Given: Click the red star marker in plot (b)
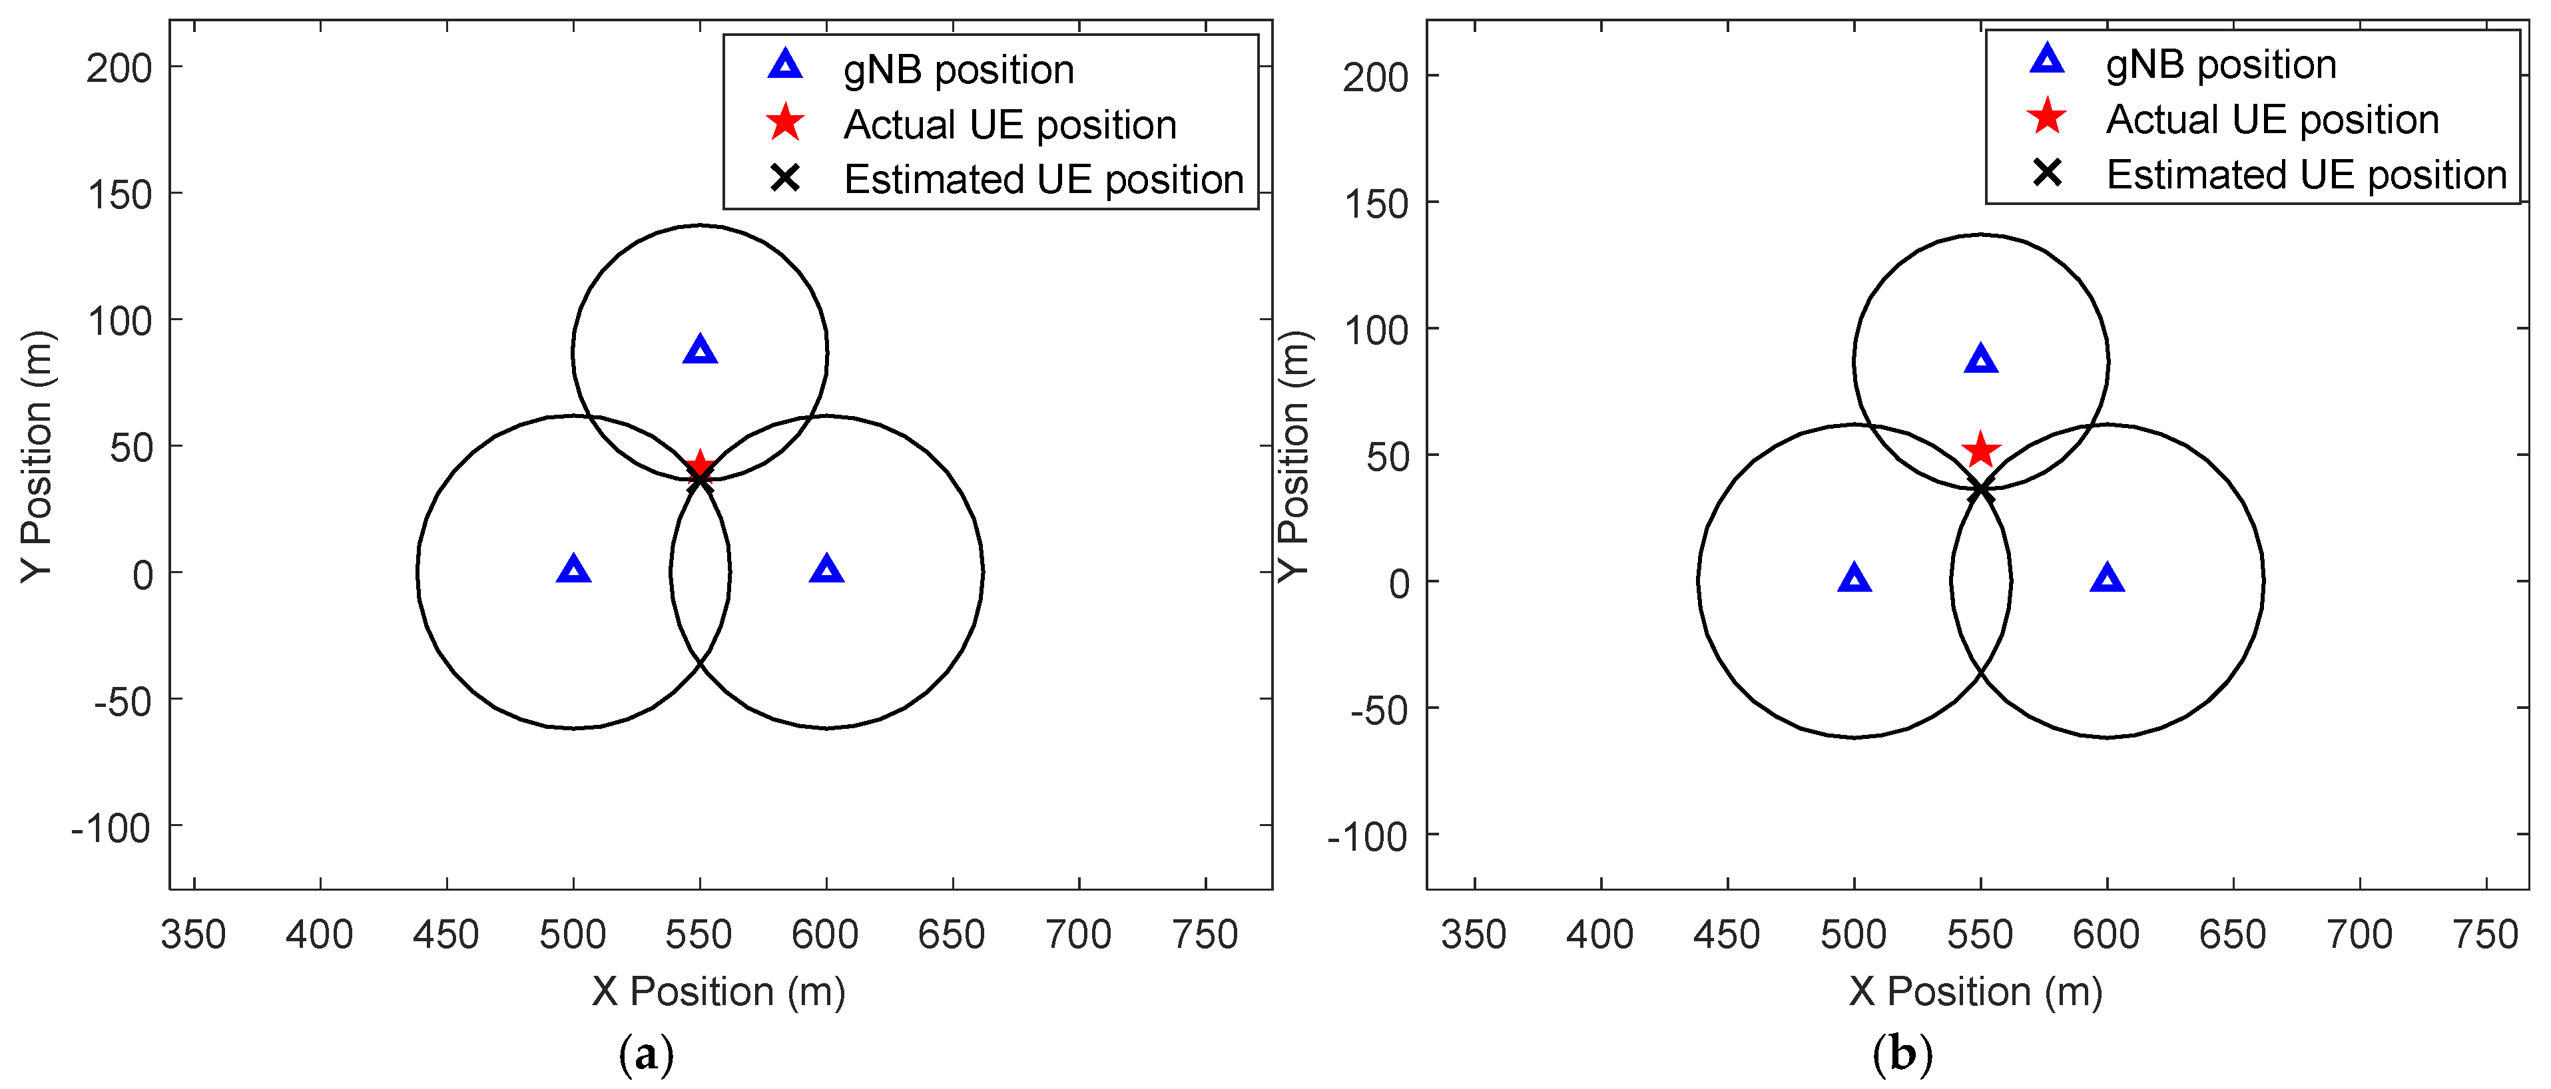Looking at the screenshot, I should (x=1980, y=451).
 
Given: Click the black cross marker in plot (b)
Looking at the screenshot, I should (x=1980, y=490).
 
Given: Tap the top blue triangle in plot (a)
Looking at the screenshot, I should (x=700, y=350).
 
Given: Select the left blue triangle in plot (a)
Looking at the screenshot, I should (x=573, y=570).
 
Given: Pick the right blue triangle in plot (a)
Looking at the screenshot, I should (x=826, y=570).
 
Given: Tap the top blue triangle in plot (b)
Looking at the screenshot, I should (x=1980, y=359).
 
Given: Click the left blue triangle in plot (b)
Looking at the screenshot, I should (x=1854, y=579).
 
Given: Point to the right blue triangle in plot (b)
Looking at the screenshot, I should (x=2106, y=579).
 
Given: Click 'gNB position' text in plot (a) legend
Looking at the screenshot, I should (x=958, y=69).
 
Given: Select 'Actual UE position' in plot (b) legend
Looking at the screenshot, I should (x=2272, y=120).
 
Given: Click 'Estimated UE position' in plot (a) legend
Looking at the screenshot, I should (x=1043, y=179).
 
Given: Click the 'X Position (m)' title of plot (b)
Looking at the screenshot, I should (x=1974, y=991).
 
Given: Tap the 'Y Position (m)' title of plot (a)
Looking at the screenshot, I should (x=38, y=457).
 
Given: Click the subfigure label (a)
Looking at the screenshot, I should (x=646, y=1054).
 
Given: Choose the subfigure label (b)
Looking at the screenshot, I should (x=1901, y=1054).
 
